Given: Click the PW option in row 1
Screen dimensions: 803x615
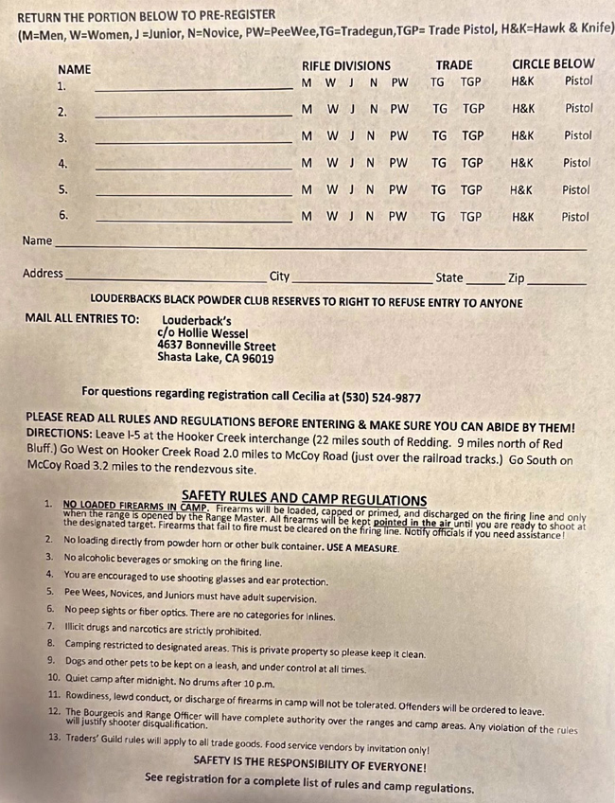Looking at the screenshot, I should click(399, 82).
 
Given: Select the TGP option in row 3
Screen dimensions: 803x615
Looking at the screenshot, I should click(473, 135).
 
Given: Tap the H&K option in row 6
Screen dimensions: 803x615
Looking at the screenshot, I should click(523, 217).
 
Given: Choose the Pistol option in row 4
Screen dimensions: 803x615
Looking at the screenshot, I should click(576, 163).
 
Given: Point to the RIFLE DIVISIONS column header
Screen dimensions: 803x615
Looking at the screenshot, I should click(345, 66).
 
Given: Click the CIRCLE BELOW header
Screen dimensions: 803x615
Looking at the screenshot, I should click(553, 64).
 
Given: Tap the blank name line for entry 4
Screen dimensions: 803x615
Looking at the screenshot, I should click(194, 168).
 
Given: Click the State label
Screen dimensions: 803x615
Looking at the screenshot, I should click(449, 277).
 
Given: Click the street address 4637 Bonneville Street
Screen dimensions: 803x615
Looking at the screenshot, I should click(217, 347).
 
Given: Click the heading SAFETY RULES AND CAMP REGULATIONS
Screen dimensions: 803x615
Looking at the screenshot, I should click(304, 499).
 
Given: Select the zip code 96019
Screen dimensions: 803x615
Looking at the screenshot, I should click(257, 359).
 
